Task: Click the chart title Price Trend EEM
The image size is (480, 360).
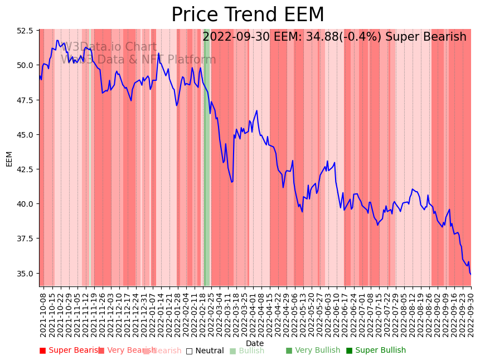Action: (x=248, y=15)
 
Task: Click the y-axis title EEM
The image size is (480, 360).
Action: (x=9, y=158)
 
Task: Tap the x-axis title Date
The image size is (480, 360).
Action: (x=255, y=343)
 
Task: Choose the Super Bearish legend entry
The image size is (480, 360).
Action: (x=70, y=351)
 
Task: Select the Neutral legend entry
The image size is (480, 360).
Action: (x=205, y=351)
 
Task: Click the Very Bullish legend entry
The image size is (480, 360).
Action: (x=313, y=351)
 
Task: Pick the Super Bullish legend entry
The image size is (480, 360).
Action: (x=376, y=351)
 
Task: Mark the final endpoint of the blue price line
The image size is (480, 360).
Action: (x=471, y=274)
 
